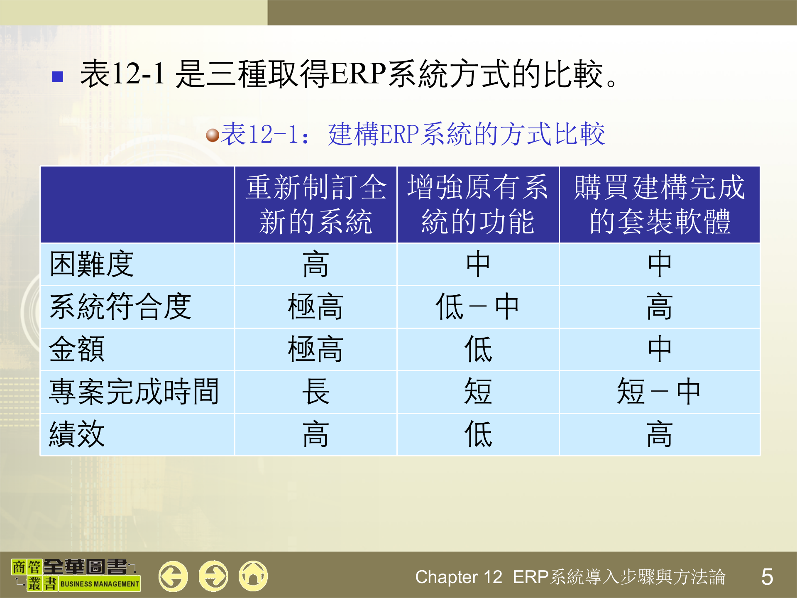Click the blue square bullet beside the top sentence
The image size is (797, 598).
click(58, 76)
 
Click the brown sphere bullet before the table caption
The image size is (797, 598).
click(213, 135)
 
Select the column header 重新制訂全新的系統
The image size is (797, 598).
click(315, 204)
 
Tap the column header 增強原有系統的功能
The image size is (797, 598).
click(478, 204)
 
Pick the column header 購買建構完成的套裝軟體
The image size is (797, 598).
click(659, 204)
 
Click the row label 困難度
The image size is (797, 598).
click(92, 264)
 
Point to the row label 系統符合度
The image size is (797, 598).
click(120, 306)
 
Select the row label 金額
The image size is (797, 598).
click(77, 349)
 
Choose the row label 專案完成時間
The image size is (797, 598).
click(134, 392)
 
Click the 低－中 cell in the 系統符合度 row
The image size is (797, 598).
click(478, 306)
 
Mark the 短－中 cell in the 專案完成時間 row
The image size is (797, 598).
click(659, 392)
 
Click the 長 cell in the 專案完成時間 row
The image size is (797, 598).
click(315, 392)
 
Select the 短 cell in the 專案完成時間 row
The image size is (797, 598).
click(478, 392)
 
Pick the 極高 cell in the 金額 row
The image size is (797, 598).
click(315, 349)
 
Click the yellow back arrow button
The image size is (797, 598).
click(173, 576)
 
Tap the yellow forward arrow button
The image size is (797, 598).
click(213, 576)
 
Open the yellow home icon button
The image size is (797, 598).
click(253, 576)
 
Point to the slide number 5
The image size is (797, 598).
click(767, 577)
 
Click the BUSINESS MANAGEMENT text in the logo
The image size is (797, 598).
click(100, 584)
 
